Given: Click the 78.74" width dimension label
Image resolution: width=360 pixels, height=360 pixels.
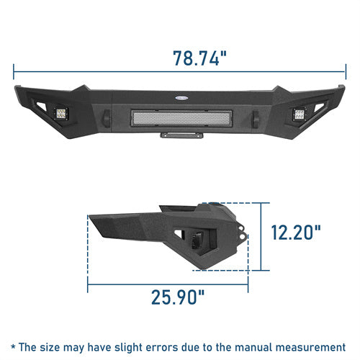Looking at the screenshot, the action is click(x=199, y=58).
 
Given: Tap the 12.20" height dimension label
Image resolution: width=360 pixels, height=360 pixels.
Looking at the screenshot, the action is click(x=296, y=233).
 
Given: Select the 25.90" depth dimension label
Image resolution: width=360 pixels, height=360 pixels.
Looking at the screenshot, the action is click(x=178, y=297).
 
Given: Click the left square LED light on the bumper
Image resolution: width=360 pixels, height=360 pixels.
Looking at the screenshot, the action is click(x=61, y=114).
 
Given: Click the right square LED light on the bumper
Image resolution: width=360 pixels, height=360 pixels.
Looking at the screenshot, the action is click(x=299, y=114).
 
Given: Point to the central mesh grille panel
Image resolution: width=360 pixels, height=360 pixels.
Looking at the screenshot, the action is click(x=181, y=118).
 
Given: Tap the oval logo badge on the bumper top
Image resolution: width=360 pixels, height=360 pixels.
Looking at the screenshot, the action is click(x=181, y=98).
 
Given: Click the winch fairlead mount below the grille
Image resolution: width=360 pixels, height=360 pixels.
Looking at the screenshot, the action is click(x=181, y=135).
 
